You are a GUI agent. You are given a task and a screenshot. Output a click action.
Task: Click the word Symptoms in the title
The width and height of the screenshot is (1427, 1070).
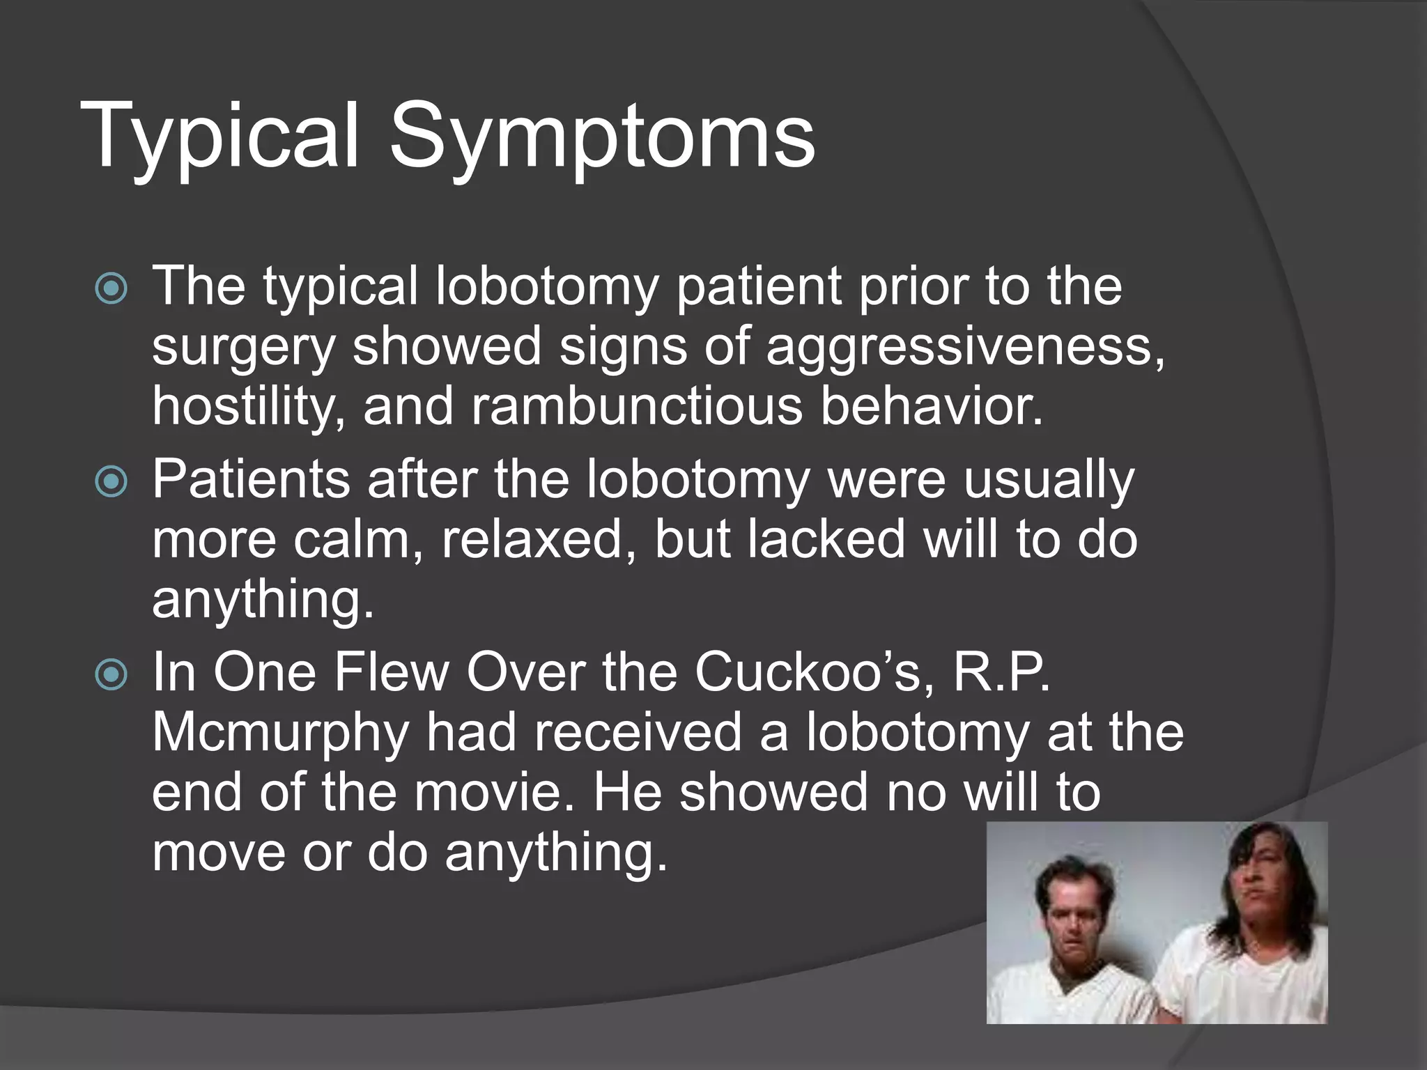pos(602,136)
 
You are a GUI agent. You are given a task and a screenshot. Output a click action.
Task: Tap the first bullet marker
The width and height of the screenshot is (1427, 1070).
pos(111,288)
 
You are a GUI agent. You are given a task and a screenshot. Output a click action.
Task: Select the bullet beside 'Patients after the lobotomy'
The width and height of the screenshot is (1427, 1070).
pos(111,481)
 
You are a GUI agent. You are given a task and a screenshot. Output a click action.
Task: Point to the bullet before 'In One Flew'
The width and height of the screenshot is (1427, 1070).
pos(111,674)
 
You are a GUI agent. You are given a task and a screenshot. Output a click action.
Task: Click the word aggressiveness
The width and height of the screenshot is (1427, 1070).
pos(964,347)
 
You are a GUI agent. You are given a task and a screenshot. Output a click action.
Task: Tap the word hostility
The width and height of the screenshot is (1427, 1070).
pos(248,406)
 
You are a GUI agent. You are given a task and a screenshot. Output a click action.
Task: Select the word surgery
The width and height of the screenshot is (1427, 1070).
pos(243,347)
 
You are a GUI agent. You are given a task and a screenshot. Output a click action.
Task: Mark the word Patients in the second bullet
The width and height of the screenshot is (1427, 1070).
pos(251,480)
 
